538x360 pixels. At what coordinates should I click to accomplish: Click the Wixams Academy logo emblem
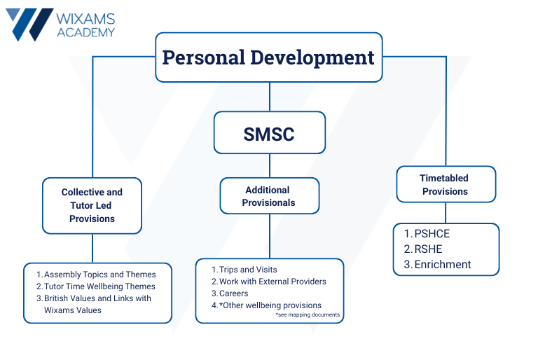click(29, 24)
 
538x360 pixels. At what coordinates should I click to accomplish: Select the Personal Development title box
click(268, 57)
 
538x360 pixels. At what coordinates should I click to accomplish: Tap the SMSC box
click(269, 132)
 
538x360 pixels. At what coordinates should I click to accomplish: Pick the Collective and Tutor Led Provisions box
click(92, 205)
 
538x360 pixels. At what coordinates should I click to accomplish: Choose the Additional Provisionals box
click(269, 196)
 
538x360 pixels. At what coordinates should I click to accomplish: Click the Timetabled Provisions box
click(446, 184)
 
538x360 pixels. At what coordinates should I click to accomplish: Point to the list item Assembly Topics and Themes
click(99, 275)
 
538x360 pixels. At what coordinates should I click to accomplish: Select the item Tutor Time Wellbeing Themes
click(99, 286)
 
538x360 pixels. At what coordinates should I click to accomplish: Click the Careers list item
click(234, 293)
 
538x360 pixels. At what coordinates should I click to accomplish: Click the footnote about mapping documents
click(308, 315)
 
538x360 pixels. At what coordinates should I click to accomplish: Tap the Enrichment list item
click(443, 264)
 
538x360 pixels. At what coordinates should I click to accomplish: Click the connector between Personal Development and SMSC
click(269, 97)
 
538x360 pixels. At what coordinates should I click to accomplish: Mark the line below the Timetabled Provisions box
click(446, 213)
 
